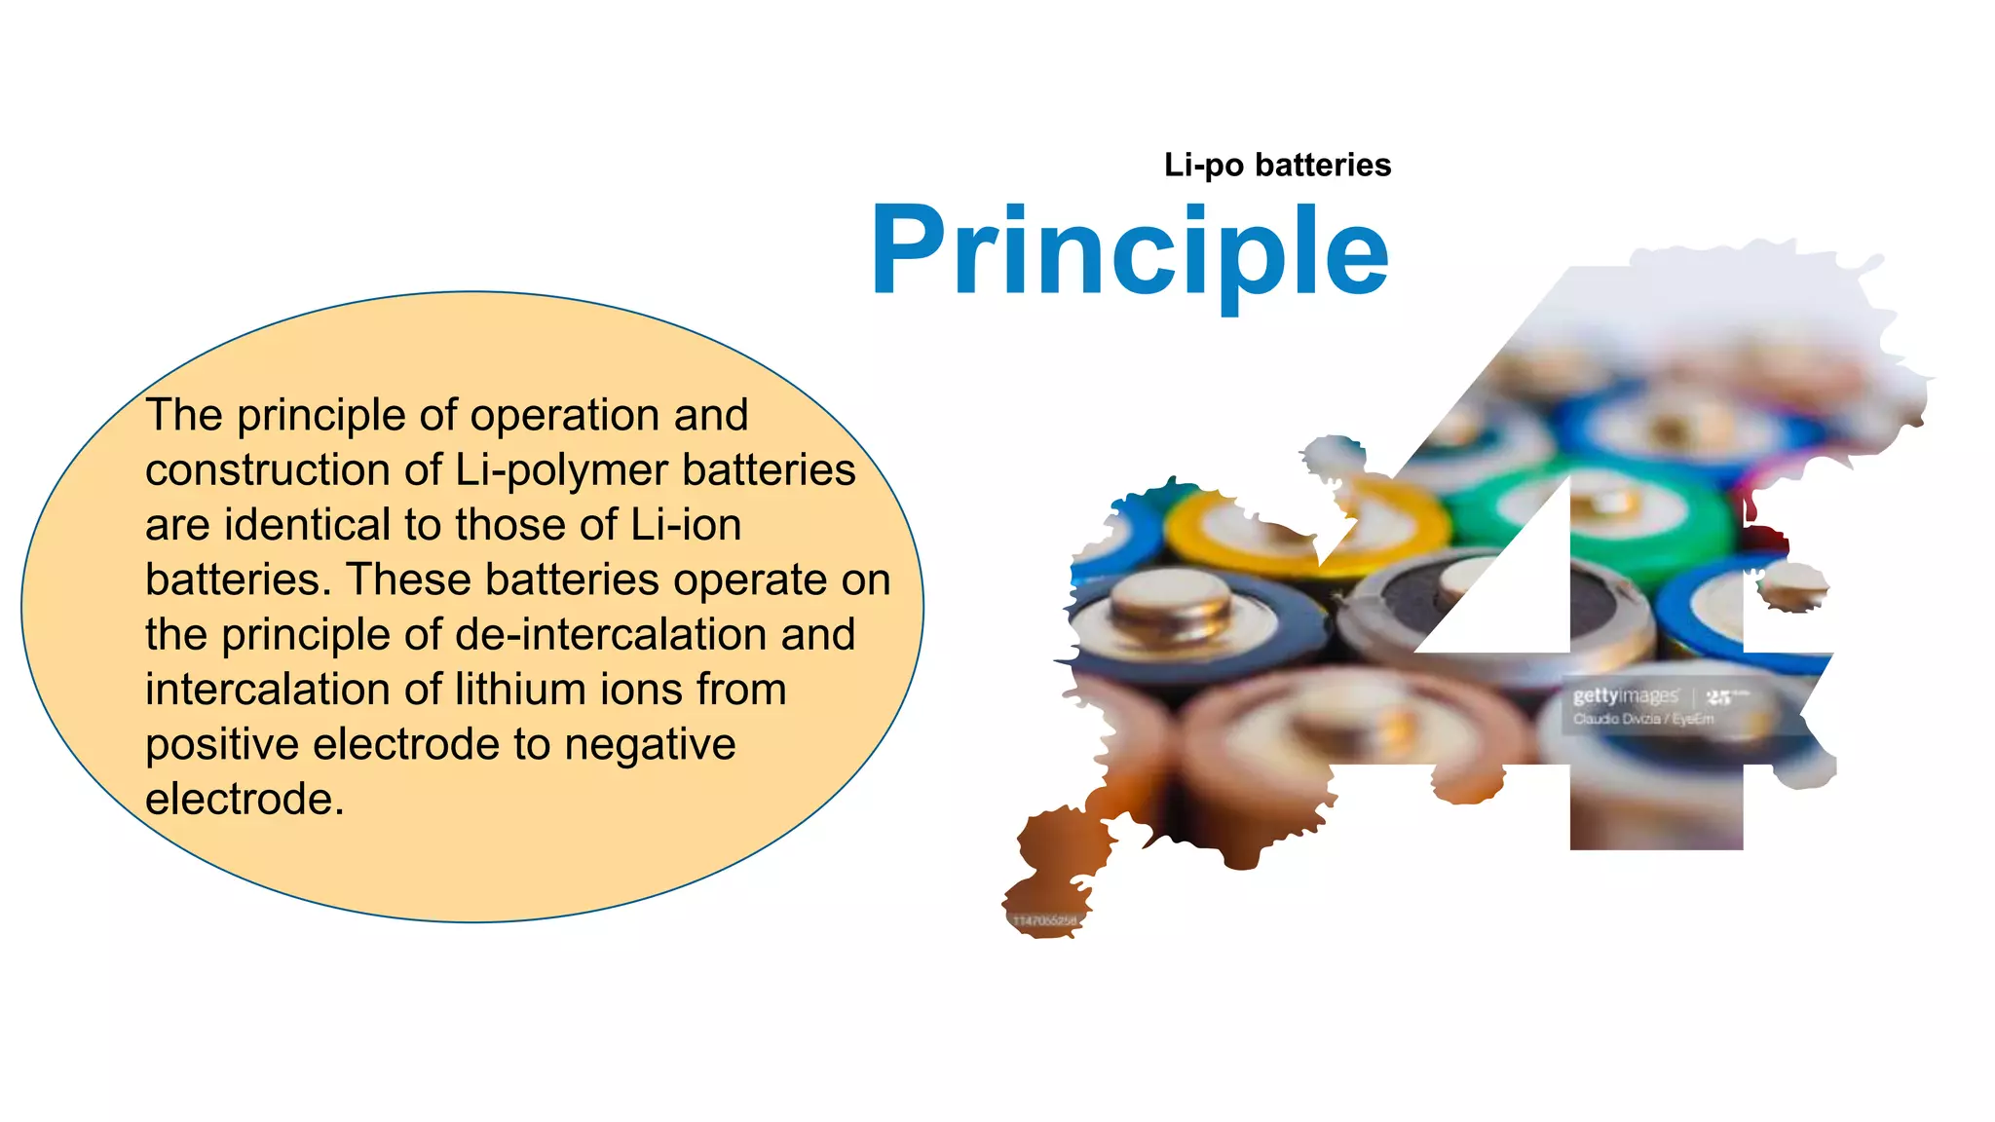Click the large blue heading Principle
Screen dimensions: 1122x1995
pos(1130,251)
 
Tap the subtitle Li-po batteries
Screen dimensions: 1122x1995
pos(1277,165)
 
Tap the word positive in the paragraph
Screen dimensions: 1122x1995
pos(222,745)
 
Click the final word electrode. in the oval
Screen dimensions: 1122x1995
pos(245,800)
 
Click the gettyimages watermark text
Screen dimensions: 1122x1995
pos(1625,695)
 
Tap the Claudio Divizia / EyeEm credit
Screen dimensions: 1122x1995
pos(1642,719)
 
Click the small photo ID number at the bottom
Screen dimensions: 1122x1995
pos(1045,920)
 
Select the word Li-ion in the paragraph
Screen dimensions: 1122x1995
pos(686,525)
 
